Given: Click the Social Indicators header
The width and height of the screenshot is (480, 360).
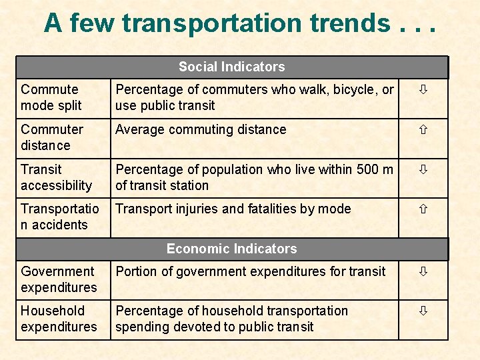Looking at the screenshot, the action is [x=232, y=67].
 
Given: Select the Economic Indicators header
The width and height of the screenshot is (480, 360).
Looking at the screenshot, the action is [x=232, y=249].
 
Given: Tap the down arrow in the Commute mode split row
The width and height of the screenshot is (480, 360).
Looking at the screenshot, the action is [x=423, y=89].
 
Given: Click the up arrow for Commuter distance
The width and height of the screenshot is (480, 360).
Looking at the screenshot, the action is [x=423, y=129].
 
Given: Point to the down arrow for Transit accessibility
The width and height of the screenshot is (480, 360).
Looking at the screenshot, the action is [x=423, y=169].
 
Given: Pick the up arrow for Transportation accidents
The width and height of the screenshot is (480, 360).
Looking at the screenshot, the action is [x=423, y=209].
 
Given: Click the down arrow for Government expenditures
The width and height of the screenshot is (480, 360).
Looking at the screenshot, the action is [x=423, y=271].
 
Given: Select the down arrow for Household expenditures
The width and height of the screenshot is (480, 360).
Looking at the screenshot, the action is [x=423, y=311].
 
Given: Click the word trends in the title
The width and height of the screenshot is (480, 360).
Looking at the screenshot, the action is [x=350, y=23].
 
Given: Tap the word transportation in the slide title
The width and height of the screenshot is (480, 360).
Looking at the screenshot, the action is [x=212, y=25].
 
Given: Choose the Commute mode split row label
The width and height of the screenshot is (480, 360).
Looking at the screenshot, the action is [x=51, y=97].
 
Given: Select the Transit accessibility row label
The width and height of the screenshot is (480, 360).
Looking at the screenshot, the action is [x=56, y=177].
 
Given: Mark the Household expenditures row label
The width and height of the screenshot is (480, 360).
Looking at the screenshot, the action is [x=59, y=319].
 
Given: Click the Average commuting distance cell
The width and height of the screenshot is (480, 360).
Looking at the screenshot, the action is [x=201, y=130].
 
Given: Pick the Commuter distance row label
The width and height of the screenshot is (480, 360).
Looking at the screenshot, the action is [x=52, y=137].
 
